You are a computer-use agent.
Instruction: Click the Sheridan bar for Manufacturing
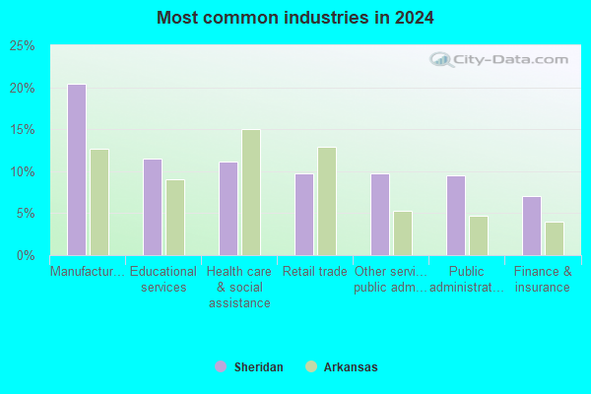pos(77,169)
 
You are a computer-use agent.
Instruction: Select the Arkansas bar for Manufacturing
pos(99,203)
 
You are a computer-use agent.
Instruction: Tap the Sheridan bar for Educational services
pos(153,207)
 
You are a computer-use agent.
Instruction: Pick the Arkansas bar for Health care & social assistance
pos(251,192)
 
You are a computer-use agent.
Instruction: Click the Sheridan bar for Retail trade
pos(304,215)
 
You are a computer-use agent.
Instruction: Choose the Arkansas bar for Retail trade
pos(327,201)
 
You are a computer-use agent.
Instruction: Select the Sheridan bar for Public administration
pos(456,216)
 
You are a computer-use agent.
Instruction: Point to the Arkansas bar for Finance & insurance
pos(555,238)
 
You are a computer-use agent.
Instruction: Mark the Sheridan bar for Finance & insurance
pos(532,226)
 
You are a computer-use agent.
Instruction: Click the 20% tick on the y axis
pos(22,89)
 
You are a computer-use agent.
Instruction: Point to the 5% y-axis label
pos(26,214)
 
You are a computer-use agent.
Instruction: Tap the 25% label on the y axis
pos(22,46)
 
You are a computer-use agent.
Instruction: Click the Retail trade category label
pos(315,272)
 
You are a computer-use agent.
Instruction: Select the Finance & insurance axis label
pos(543,279)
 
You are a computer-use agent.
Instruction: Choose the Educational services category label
pos(164,279)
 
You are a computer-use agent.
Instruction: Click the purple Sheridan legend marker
pos(221,366)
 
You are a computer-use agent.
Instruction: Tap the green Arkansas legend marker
pos(311,366)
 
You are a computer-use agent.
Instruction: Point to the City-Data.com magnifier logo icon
pos(441,59)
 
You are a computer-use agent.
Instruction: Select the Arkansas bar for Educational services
pos(175,218)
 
